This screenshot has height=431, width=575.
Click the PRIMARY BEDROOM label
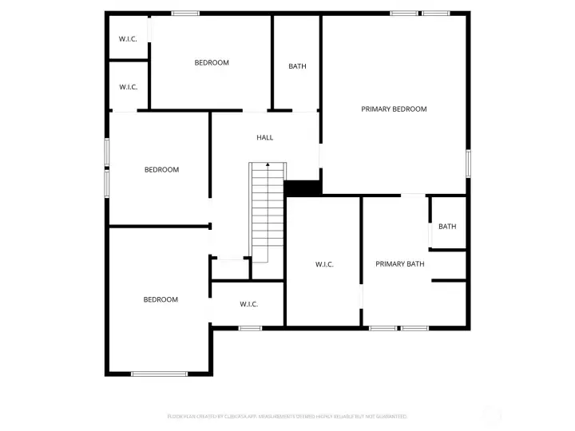pyautogui.click(x=394, y=109)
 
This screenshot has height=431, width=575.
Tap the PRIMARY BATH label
pyautogui.click(x=399, y=264)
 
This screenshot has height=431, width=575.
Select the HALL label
pyautogui.click(x=264, y=138)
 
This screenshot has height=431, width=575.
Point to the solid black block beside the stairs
pyautogui.click(x=303, y=188)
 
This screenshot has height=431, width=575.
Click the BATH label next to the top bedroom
pyautogui.click(x=297, y=67)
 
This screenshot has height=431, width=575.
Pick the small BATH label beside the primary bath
pyautogui.click(x=447, y=227)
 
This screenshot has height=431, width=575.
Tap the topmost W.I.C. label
pyautogui.click(x=128, y=39)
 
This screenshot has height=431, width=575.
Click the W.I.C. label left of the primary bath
pyautogui.click(x=323, y=264)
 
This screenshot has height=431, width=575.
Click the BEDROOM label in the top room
pyautogui.click(x=212, y=63)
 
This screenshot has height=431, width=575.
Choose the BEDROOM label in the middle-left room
pyautogui.click(x=161, y=170)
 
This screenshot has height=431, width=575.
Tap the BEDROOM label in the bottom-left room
pyautogui.click(x=161, y=300)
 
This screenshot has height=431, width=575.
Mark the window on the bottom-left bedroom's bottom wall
pyautogui.click(x=159, y=374)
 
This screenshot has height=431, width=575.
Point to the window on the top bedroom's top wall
pyautogui.click(x=185, y=13)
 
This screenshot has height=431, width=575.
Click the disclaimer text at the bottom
pyautogui.click(x=287, y=417)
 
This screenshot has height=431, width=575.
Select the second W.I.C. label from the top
pyautogui.click(x=128, y=87)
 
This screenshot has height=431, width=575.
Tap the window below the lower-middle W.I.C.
pyautogui.click(x=250, y=328)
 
